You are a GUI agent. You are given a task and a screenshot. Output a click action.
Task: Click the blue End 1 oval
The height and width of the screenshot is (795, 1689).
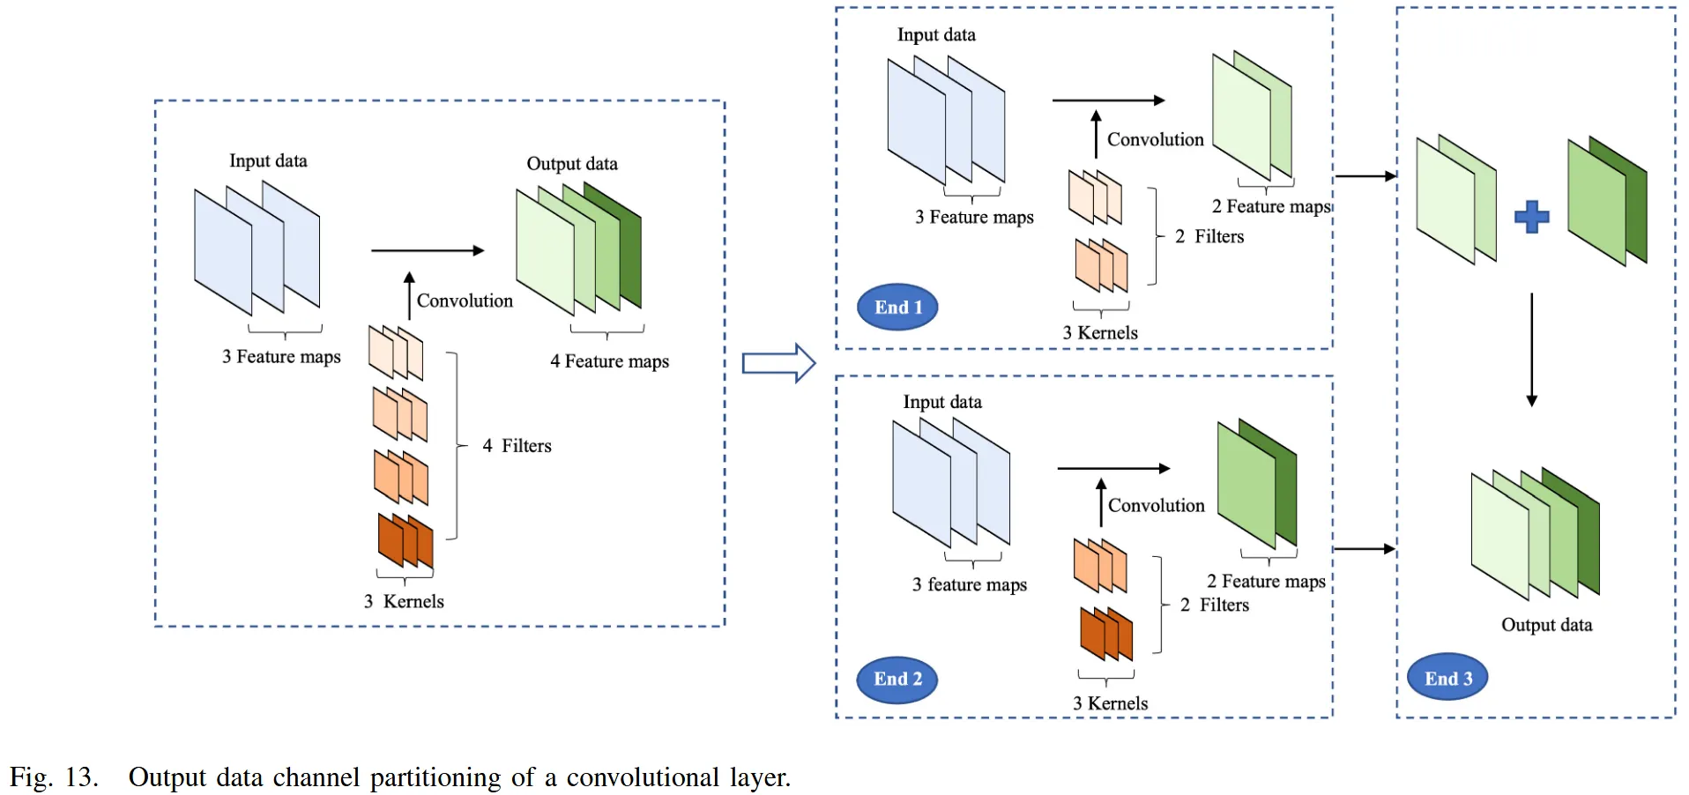[x=897, y=307]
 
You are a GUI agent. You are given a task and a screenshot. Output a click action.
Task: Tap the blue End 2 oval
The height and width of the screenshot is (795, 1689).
[x=897, y=680]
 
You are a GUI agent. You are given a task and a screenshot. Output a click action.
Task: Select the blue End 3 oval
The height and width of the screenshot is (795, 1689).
[x=1447, y=677]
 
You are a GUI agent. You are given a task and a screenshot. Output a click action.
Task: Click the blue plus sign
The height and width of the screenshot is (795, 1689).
[x=1531, y=217]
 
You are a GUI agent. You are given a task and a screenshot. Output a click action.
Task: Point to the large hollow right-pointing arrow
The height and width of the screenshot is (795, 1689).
[x=778, y=362]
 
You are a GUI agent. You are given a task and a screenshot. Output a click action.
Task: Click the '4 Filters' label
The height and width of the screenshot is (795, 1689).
[x=517, y=446]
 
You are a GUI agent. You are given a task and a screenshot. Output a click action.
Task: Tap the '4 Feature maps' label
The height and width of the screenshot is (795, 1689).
[x=609, y=361]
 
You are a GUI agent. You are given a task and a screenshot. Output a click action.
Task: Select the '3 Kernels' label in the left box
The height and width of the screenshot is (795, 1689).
[x=404, y=601]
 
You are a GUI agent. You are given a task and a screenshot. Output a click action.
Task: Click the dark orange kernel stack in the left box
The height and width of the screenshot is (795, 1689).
[x=406, y=540]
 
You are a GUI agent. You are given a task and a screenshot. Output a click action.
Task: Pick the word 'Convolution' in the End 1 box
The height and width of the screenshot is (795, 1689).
[x=1155, y=139]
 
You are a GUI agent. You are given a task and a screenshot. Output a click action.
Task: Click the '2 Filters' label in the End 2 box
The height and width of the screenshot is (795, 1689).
[x=1215, y=605]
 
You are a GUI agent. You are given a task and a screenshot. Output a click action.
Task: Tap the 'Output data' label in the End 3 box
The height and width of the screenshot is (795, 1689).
[x=1546, y=625]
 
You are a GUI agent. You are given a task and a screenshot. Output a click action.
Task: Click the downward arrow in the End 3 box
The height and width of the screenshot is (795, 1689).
[x=1531, y=350]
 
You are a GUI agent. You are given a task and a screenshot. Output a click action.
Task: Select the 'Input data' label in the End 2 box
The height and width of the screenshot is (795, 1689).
[x=941, y=402]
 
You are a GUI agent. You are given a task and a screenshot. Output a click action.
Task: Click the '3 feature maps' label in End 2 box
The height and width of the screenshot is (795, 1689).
[x=969, y=584]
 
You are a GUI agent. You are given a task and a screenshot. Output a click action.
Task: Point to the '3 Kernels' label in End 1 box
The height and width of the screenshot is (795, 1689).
[x=1099, y=333]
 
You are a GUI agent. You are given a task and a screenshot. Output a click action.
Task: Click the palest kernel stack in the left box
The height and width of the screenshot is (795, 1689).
[x=396, y=353]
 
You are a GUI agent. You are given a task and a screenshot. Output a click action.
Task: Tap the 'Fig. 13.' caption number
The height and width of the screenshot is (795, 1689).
[x=54, y=777]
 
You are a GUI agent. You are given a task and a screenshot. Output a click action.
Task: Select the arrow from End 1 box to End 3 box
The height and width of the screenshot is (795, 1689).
[x=1365, y=176]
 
